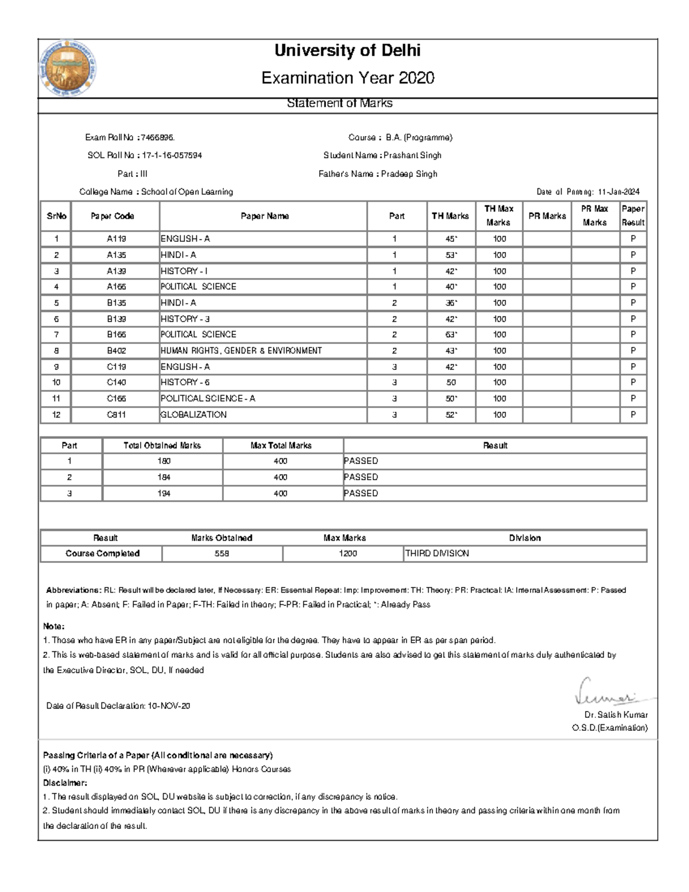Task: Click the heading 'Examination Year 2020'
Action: click(x=347, y=78)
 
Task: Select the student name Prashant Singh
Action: click(x=412, y=155)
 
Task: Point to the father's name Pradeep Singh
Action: click(x=410, y=173)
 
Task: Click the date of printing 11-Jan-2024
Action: click(x=618, y=192)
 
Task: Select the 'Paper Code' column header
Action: click(x=113, y=216)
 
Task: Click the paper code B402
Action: click(x=117, y=350)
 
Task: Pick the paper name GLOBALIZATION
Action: click(x=193, y=415)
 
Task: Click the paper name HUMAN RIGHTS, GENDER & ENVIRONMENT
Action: click(x=241, y=350)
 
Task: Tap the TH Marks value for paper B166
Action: click(x=451, y=334)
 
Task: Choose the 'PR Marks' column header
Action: click(x=547, y=216)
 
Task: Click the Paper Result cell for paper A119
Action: click(x=633, y=238)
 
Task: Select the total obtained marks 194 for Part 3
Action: click(x=164, y=493)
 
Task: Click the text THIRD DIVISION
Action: click(x=437, y=554)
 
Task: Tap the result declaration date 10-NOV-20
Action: click(x=169, y=706)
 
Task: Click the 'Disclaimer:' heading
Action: click(x=65, y=783)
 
